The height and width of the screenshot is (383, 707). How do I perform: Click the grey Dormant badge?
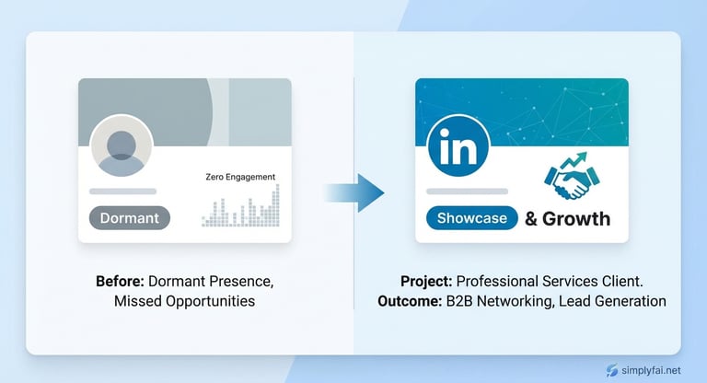coord(130,218)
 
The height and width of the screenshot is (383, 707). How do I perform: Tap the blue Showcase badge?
coord(471,218)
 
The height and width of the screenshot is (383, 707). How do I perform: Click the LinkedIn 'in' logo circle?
coord(458,146)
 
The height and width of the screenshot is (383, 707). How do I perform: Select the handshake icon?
coord(572,180)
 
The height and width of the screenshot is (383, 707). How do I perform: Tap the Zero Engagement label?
coord(240,177)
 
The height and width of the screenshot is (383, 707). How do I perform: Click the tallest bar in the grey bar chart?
coord(276,205)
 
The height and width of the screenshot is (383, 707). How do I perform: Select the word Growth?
coord(576,219)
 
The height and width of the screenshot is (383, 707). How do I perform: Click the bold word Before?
coord(120,282)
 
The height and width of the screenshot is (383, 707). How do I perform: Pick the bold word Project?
coord(426,282)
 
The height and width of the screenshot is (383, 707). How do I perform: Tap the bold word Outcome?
coord(410,301)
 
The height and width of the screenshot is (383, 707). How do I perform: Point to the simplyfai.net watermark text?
coord(651,370)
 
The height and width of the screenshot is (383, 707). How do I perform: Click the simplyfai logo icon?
coord(612,370)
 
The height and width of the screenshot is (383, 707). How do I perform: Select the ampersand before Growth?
coord(531,219)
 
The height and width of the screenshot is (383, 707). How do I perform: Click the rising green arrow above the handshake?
coord(574,160)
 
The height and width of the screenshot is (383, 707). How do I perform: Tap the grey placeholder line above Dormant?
coord(122,191)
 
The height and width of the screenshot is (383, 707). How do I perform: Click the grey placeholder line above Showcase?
coord(467,191)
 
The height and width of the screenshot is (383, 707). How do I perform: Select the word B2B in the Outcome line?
coord(459,301)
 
